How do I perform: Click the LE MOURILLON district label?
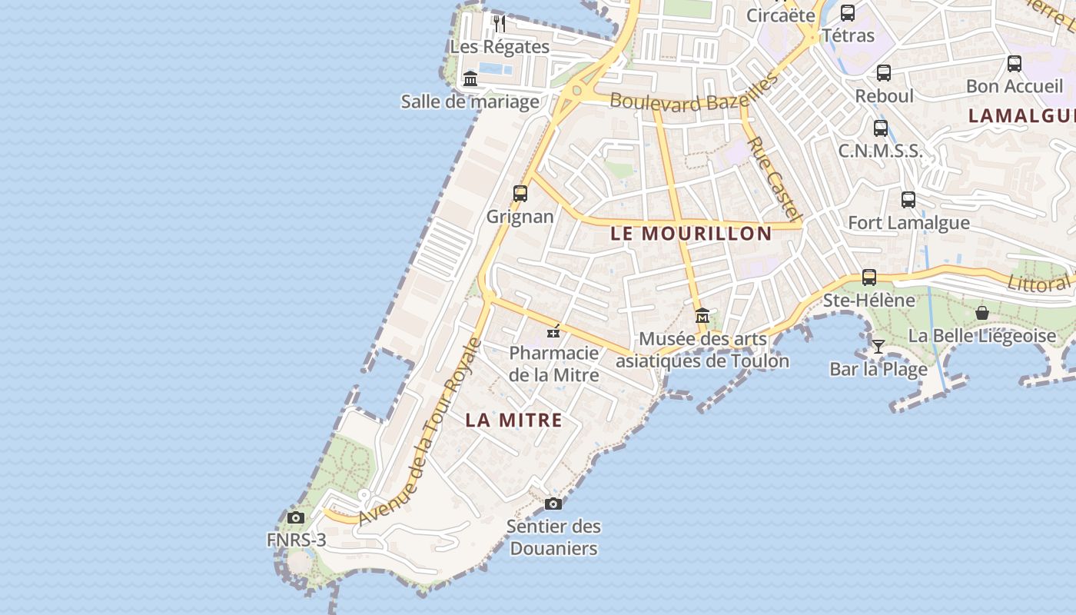(x=691, y=234)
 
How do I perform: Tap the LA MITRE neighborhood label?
(x=513, y=421)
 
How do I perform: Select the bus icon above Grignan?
(x=520, y=194)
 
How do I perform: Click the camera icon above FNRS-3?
(x=296, y=517)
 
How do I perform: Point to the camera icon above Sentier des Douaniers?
(x=553, y=504)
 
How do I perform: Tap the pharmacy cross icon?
(x=553, y=331)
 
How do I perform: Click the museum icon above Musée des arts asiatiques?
(x=702, y=316)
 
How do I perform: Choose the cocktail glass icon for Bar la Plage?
(x=878, y=346)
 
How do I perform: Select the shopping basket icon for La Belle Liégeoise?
(x=981, y=313)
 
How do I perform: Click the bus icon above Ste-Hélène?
(x=869, y=277)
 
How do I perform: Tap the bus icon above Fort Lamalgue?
(x=908, y=200)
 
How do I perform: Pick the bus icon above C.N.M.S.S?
(x=881, y=128)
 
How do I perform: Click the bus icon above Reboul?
(x=884, y=73)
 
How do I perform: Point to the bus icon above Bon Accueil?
(x=1015, y=64)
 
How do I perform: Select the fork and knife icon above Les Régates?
(x=500, y=23)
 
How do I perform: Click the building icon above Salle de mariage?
(x=470, y=78)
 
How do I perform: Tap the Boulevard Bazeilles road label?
(x=694, y=95)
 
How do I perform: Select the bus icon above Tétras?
(x=848, y=13)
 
